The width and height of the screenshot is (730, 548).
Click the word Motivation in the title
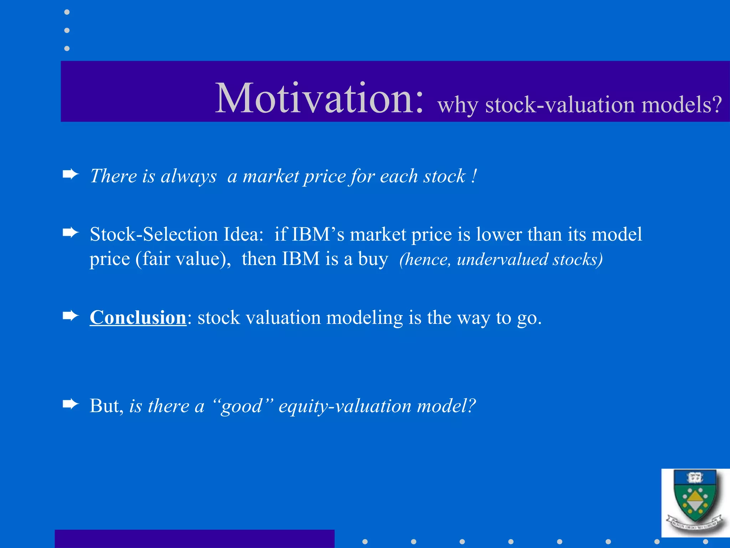coord(319,98)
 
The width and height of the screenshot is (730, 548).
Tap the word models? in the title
coord(681,105)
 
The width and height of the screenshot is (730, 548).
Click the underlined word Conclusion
coord(138,317)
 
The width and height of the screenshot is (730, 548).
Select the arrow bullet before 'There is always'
coord(70,174)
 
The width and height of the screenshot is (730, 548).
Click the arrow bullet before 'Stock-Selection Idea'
coord(70,233)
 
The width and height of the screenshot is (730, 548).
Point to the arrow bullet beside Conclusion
coord(70,316)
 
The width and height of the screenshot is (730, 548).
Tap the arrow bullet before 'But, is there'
coord(70,404)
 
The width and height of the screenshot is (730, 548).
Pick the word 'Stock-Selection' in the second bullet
coord(154,234)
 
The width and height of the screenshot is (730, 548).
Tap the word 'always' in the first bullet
coord(188,176)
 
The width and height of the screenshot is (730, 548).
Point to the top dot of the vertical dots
coord(67,12)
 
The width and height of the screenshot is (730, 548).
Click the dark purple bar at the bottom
coord(194,539)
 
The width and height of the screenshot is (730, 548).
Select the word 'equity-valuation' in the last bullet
coord(345,406)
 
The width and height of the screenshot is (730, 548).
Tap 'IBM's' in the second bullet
coord(318,234)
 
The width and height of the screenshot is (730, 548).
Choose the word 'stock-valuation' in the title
coord(560,105)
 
